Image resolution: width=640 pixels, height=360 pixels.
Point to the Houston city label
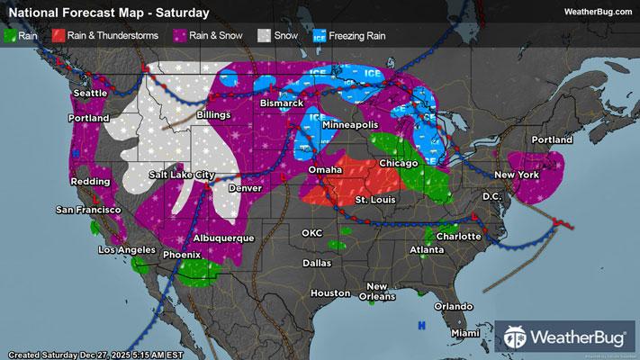click(x=329, y=293)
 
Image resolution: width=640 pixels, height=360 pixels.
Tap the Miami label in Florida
click(x=466, y=333)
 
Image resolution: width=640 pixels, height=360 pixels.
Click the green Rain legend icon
click(x=12, y=36)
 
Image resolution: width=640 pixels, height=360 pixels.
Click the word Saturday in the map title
click(x=182, y=13)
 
